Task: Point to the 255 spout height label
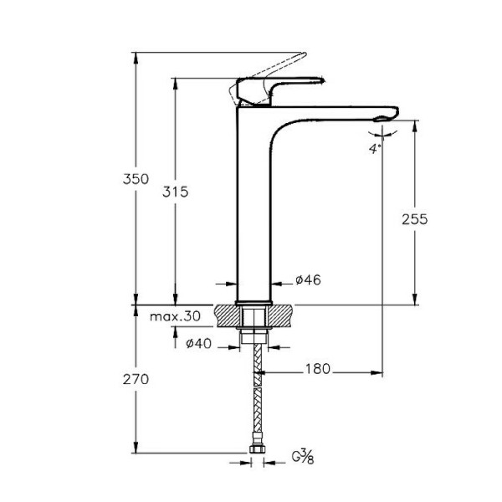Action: [x=414, y=219]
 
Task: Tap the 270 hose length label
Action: [x=135, y=379]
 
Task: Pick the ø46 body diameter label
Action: [x=308, y=280]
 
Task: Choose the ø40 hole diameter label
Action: [x=198, y=343]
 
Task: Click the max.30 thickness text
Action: [x=176, y=317]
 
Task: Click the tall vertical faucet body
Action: [x=254, y=209]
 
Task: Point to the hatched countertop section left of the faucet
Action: [x=228, y=316]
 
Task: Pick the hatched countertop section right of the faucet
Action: [x=283, y=316]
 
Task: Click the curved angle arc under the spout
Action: [x=382, y=131]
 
